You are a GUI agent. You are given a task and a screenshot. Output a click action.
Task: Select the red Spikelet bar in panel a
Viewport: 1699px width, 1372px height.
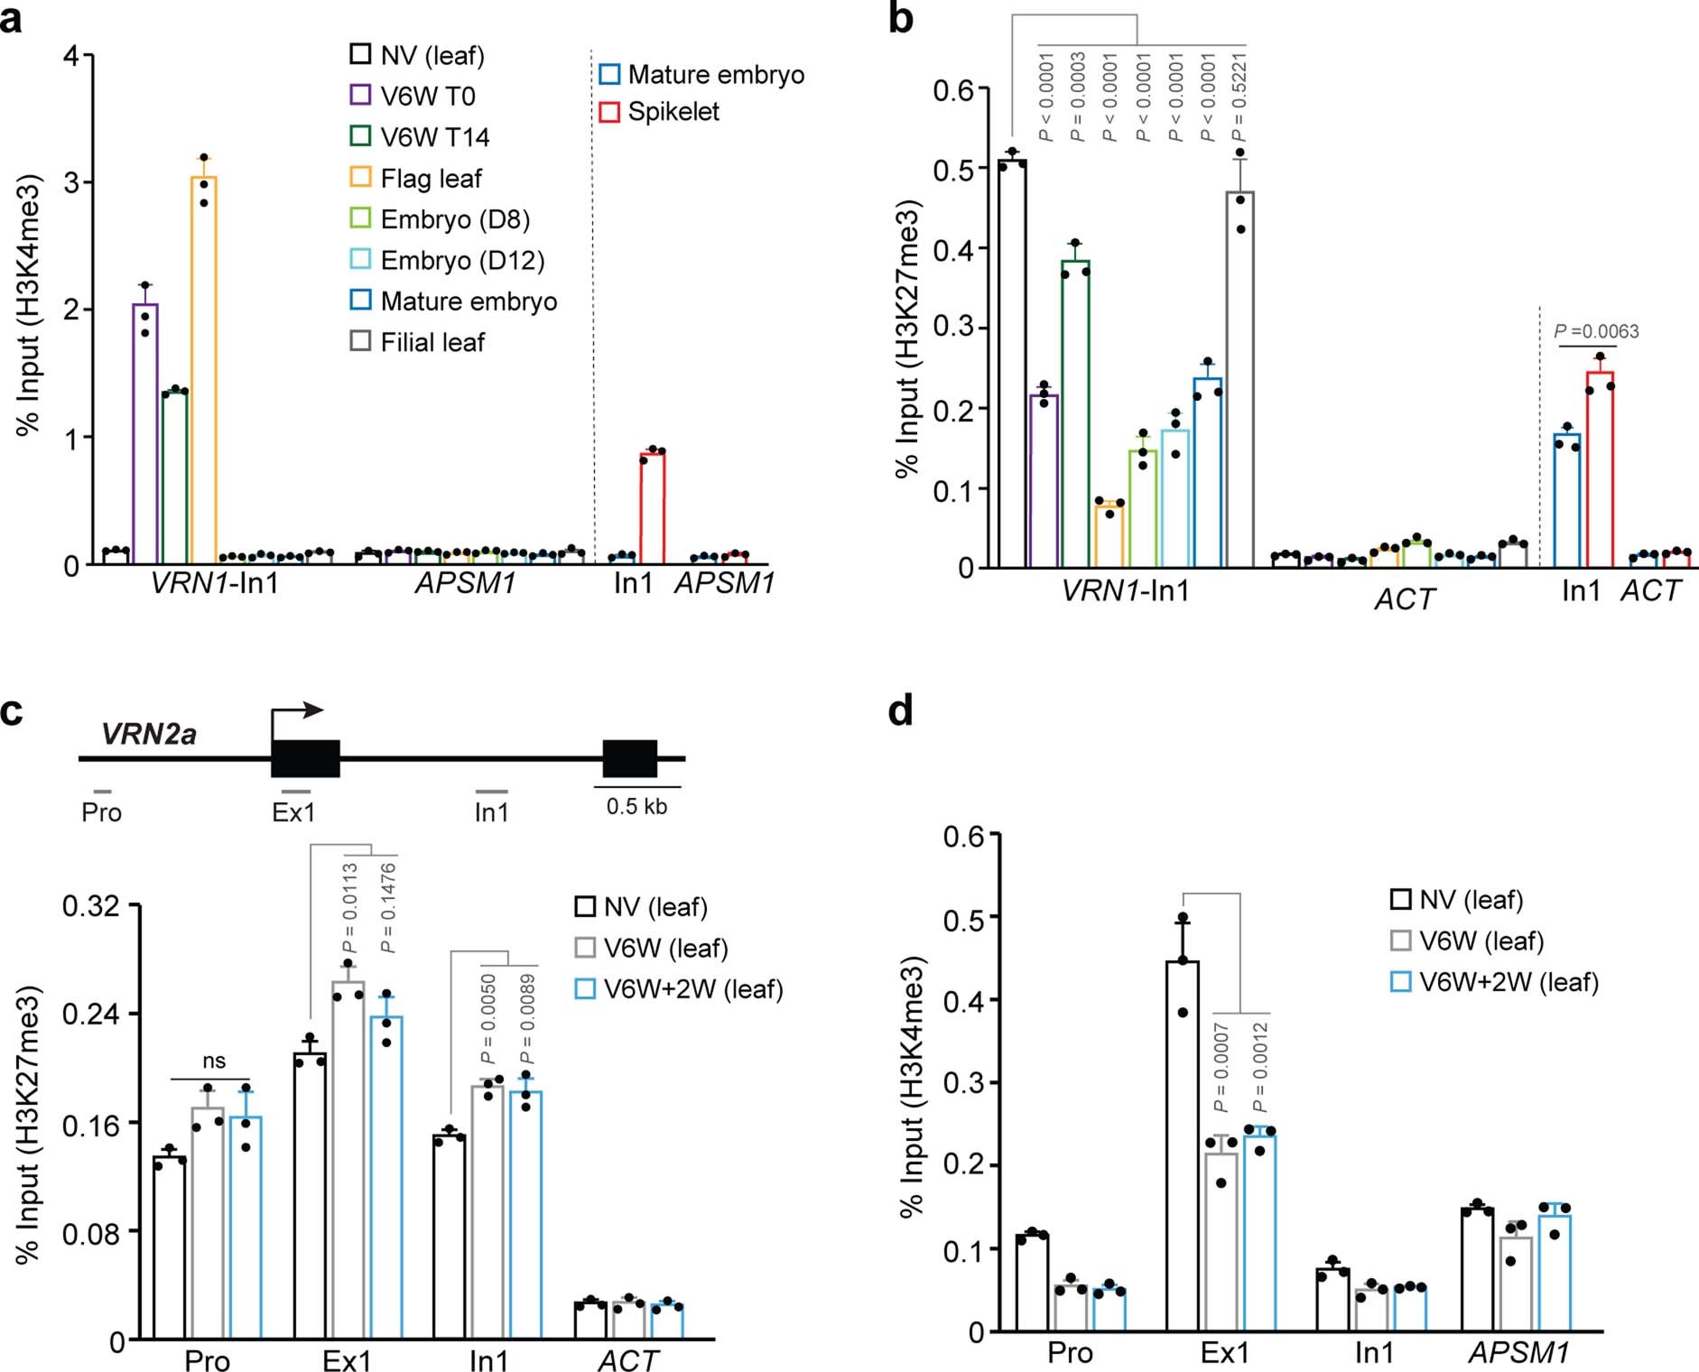coord(652,508)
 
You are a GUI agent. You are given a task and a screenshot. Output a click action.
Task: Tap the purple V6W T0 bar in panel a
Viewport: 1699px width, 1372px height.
coord(144,433)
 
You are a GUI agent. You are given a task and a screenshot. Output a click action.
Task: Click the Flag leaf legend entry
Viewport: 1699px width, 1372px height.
coord(416,179)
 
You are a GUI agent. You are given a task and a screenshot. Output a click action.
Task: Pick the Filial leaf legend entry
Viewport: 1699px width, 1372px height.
coord(417,343)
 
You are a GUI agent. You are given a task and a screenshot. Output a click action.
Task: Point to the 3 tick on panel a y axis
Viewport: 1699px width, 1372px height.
coord(72,183)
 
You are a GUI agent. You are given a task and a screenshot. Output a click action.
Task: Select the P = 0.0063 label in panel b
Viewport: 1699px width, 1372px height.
coord(1596,331)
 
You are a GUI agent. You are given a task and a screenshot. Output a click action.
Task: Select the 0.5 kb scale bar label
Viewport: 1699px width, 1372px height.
coord(636,806)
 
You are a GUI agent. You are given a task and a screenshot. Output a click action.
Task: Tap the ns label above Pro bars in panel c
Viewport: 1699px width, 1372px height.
coord(214,1061)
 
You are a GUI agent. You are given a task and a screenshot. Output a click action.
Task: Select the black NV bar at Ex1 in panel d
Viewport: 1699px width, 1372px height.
coord(1183,1146)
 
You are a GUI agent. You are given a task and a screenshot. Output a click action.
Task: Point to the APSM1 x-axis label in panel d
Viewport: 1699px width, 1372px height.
coord(1518,1353)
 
